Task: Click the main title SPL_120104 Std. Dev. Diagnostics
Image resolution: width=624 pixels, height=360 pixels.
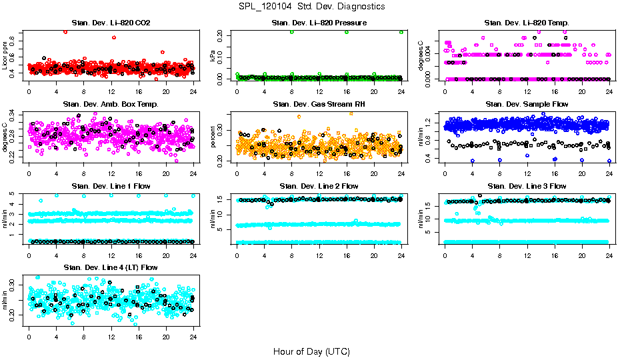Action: point(311,7)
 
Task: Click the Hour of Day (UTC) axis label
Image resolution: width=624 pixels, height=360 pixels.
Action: point(311,351)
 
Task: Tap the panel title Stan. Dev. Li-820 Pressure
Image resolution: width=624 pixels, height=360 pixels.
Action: point(319,23)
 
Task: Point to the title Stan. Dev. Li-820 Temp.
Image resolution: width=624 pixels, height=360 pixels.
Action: point(527,23)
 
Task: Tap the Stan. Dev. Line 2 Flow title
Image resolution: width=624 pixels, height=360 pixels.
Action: point(319,185)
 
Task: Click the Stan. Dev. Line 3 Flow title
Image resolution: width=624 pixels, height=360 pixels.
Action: point(527,185)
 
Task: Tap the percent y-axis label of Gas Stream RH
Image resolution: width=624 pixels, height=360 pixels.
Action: point(213,137)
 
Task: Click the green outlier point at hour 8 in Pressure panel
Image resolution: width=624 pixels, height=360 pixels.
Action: point(291,32)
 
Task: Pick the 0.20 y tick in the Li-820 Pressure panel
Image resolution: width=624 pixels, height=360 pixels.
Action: point(222,32)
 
